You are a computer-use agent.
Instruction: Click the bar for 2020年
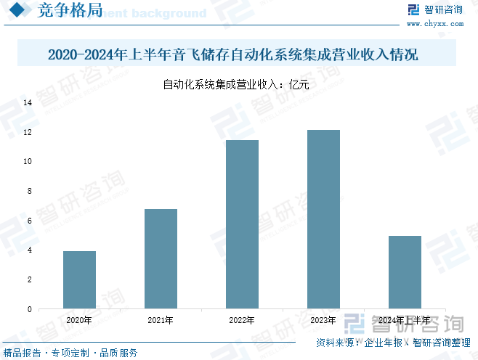[79, 279]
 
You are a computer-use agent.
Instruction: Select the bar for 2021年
[161, 258]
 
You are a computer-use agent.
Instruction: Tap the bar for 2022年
[242, 224]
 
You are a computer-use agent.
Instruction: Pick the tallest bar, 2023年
[323, 219]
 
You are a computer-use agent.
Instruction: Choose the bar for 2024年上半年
[405, 272]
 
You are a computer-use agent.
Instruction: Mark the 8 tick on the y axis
[29, 192]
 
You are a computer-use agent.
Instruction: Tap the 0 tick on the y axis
[29, 309]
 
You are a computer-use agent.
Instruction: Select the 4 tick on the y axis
[29, 250]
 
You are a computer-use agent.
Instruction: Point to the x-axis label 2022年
[241, 320]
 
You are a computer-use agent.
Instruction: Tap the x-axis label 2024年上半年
[405, 320]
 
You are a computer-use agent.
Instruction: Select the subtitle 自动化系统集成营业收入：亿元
[237, 85]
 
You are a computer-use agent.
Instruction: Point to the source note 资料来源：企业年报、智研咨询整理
[393, 343]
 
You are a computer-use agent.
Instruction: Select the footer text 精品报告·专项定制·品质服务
[70, 353]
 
